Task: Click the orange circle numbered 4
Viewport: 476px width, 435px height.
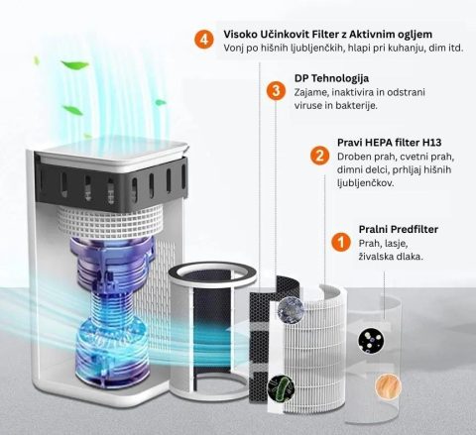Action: tap(204, 40)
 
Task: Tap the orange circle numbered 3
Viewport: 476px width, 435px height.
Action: tap(276, 90)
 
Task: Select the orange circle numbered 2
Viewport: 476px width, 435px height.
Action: tap(319, 156)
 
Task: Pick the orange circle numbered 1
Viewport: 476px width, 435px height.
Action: tap(341, 242)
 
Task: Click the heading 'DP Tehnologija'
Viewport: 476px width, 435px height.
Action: tap(331, 78)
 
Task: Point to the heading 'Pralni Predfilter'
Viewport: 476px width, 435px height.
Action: tap(399, 229)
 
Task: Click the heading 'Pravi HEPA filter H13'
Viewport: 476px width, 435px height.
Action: tap(390, 143)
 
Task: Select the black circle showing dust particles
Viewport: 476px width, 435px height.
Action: tap(371, 341)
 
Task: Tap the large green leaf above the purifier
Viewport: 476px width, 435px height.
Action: tap(75, 64)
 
